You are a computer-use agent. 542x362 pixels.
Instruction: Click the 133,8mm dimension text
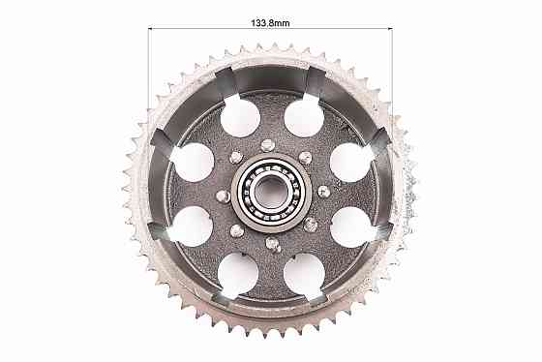tap(270, 23)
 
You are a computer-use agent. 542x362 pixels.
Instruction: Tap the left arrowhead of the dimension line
tap(151, 28)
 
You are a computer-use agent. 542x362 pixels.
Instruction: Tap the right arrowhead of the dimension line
tap(390, 28)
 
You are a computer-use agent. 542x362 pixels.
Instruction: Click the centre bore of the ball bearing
tap(271, 193)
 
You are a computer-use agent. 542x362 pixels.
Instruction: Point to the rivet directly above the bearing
tap(267, 145)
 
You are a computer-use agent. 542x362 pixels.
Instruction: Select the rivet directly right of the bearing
tap(323, 192)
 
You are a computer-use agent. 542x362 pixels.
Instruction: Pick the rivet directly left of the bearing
tap(223, 196)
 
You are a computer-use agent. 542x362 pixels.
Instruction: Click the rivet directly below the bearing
tap(273, 244)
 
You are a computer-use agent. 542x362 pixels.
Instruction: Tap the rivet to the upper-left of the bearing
tap(236, 158)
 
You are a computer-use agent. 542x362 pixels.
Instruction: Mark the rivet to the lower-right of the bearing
tap(310, 226)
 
